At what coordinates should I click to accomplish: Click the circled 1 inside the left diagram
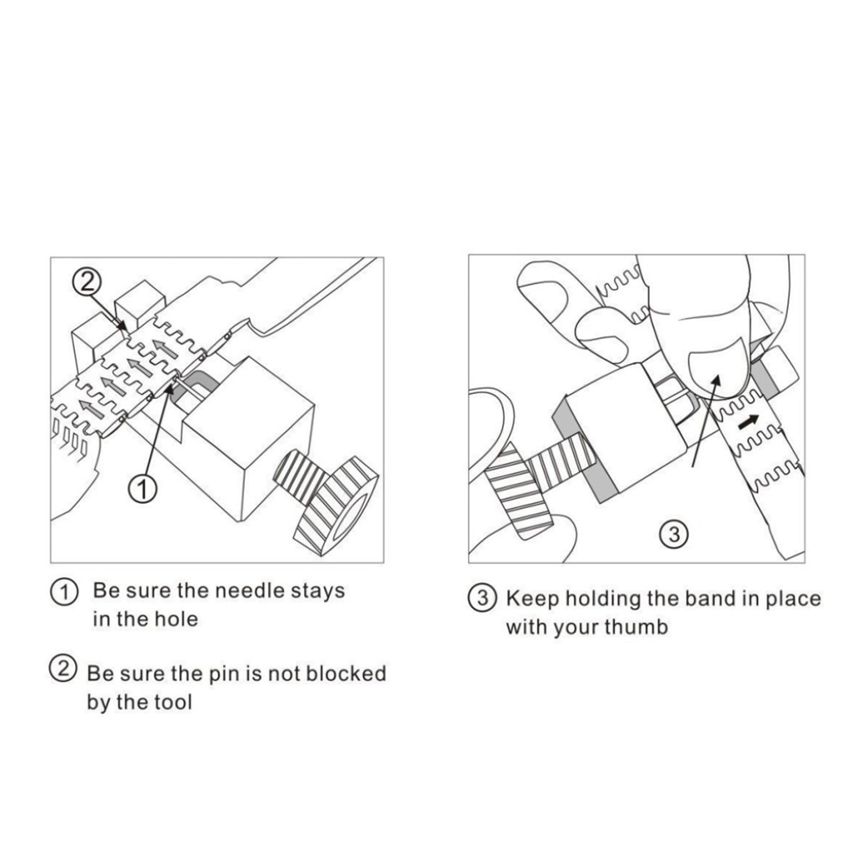[x=142, y=489]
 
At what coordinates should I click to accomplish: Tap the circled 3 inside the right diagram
[x=674, y=534]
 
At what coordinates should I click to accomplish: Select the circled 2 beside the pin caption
[x=63, y=670]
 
